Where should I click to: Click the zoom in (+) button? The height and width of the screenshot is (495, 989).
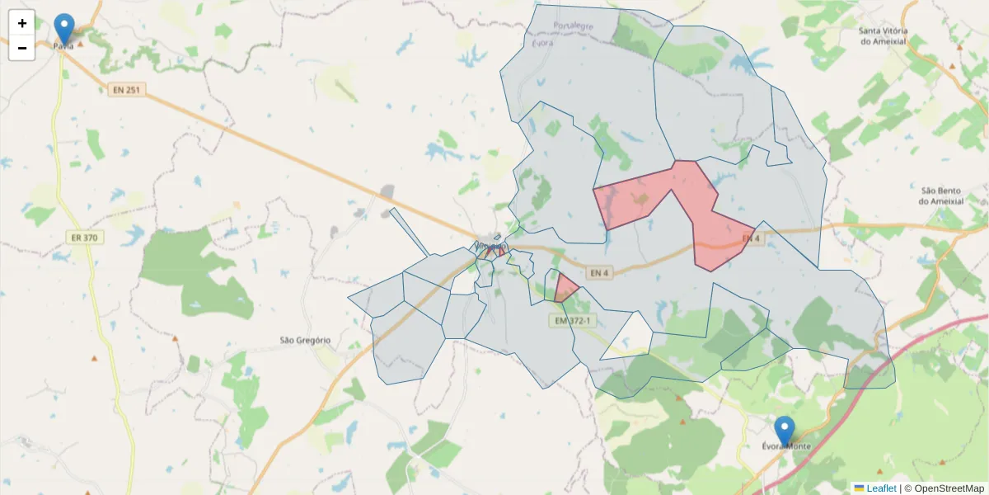coord(22,23)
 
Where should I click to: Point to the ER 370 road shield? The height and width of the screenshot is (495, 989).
coord(83,238)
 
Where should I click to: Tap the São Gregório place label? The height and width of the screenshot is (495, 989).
coord(305,340)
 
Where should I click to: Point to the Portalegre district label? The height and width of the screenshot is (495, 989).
coord(574,26)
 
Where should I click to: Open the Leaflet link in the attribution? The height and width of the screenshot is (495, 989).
coord(881,488)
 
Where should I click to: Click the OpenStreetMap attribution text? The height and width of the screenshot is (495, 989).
coord(949,488)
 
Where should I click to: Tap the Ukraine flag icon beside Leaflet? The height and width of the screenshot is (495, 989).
coord(859,488)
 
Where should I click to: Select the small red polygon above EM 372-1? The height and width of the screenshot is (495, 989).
coord(565,289)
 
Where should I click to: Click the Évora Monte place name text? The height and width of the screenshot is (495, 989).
coord(786,446)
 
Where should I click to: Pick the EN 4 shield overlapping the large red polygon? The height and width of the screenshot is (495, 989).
coord(750,238)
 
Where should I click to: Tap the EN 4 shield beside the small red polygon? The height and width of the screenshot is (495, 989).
coord(599,272)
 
